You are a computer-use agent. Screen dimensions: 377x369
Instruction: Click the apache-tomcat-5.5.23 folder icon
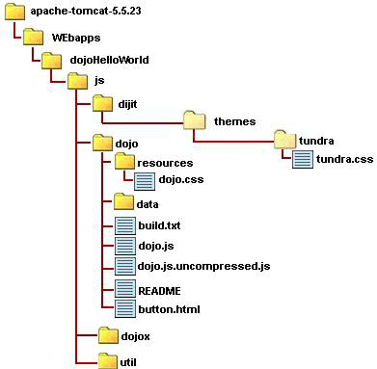coord(14,13)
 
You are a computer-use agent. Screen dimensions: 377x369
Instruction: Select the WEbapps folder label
coord(76,38)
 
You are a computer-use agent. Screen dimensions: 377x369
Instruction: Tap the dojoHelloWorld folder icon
coord(51,60)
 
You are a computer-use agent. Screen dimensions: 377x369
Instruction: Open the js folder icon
coord(77,81)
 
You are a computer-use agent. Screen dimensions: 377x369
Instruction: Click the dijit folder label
coord(127,104)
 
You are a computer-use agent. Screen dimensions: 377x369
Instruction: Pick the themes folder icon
coord(194,120)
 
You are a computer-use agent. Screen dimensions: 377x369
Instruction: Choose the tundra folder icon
coord(285,140)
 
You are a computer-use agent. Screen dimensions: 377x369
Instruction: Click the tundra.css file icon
coord(303,160)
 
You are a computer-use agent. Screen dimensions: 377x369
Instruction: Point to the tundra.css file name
coord(344,159)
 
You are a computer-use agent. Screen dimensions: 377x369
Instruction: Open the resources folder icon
coord(124,162)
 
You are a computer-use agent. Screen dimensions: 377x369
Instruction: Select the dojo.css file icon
coord(145,180)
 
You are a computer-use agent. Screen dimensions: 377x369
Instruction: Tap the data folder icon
coord(123,202)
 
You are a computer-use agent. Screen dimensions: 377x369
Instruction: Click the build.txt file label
coord(159,225)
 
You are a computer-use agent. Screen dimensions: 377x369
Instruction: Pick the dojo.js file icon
coord(125,247)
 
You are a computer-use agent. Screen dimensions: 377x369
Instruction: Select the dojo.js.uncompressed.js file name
coord(203,267)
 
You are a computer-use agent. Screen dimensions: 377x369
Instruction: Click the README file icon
coord(125,289)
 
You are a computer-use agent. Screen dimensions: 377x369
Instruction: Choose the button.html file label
coord(169,309)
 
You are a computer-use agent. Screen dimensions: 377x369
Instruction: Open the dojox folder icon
coord(108,335)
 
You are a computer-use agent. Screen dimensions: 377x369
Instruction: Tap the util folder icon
coord(108,361)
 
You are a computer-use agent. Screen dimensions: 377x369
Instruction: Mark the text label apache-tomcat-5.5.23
coord(86,12)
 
